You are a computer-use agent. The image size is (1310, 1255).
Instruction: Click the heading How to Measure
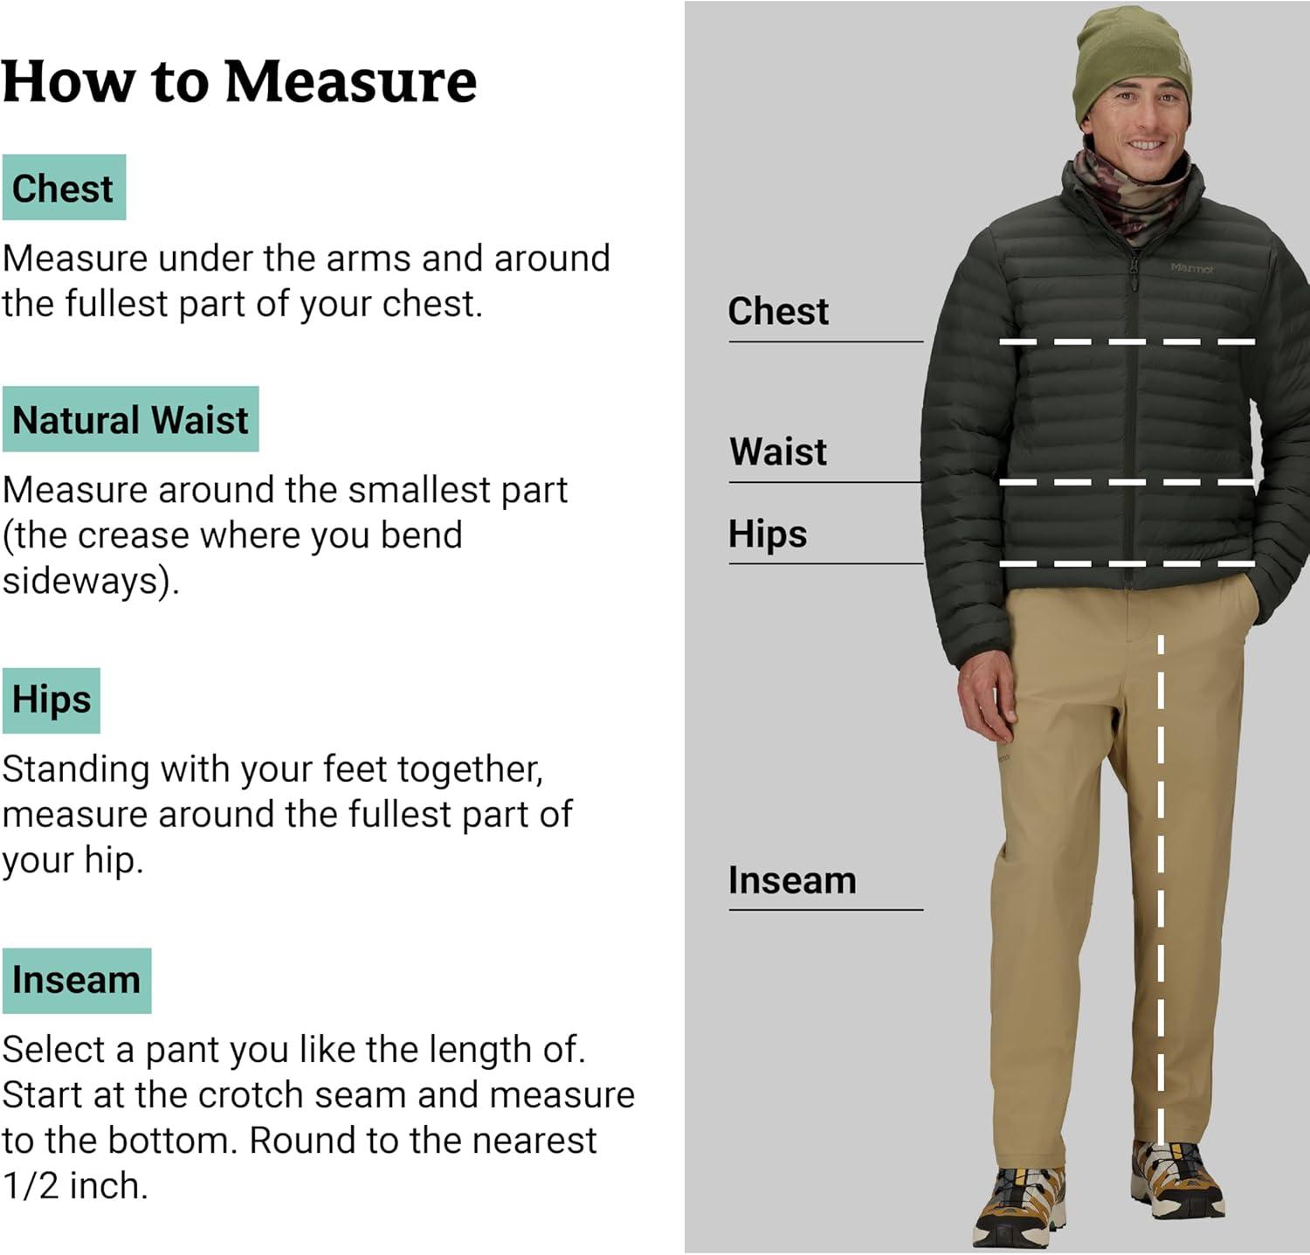point(239,82)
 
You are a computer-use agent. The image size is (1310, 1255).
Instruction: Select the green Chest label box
point(64,188)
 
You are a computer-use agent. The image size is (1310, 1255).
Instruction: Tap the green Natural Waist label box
point(131,419)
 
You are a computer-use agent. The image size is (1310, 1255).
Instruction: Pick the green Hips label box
point(52,700)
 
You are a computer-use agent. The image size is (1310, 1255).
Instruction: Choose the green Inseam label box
point(77,981)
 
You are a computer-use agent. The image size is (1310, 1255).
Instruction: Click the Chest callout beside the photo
point(778,311)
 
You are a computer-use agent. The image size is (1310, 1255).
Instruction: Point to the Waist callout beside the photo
point(778,452)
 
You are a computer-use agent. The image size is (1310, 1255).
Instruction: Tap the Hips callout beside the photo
point(768,534)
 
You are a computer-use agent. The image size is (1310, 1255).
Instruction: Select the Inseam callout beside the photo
point(792,880)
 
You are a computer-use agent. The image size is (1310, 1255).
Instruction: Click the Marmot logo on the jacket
point(1191,269)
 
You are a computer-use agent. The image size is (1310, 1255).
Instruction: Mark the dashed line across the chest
point(1127,341)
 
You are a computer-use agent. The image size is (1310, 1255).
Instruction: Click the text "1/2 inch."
point(75,1186)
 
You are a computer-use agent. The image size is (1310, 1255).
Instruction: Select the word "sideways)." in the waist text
point(91,581)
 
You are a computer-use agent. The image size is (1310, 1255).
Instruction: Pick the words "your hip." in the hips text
point(72,861)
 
